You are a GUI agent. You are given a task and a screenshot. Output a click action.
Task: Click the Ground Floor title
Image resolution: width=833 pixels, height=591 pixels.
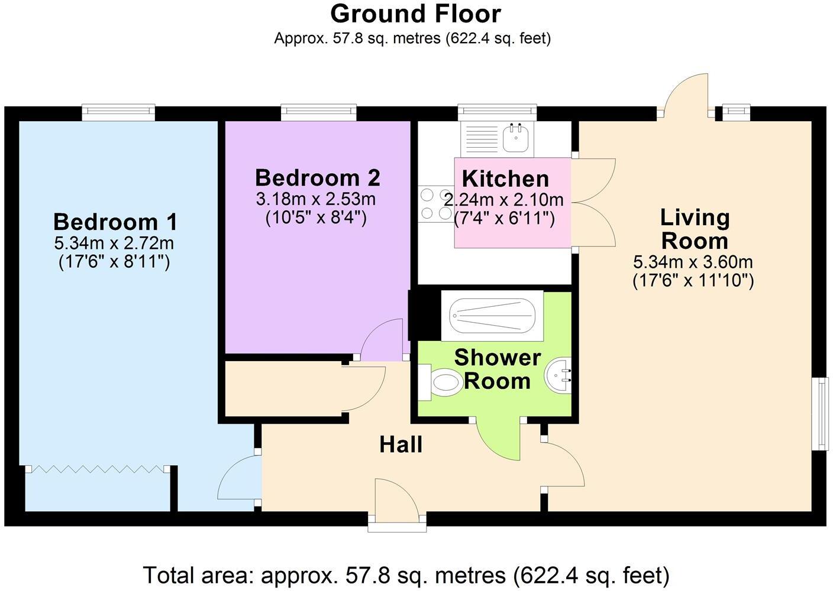415,14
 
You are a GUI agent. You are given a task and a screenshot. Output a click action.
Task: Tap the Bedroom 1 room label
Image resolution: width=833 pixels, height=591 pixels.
115,223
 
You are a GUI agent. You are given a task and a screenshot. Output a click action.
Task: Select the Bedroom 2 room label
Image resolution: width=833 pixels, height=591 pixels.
317,178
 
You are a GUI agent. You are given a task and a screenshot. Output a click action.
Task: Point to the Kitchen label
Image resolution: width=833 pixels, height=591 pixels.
505,178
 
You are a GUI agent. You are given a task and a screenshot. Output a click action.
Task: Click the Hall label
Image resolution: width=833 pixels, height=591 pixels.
401,444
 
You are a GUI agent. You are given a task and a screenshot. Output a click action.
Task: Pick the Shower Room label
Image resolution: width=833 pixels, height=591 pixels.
497,369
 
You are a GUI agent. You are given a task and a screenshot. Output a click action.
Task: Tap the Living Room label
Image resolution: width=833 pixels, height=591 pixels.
695,229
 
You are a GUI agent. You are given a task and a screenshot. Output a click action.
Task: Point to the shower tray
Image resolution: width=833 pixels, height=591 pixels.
492,314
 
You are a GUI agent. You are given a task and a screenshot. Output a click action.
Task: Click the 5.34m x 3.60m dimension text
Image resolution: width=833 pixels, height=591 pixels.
693,262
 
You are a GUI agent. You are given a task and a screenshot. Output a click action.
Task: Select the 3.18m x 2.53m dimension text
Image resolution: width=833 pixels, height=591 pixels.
315,199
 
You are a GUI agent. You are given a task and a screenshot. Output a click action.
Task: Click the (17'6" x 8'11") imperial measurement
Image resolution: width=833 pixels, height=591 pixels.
114,262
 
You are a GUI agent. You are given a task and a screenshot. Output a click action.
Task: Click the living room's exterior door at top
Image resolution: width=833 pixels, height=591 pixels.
686,95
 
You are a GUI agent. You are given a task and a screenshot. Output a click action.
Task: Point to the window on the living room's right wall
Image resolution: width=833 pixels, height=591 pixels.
822,413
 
